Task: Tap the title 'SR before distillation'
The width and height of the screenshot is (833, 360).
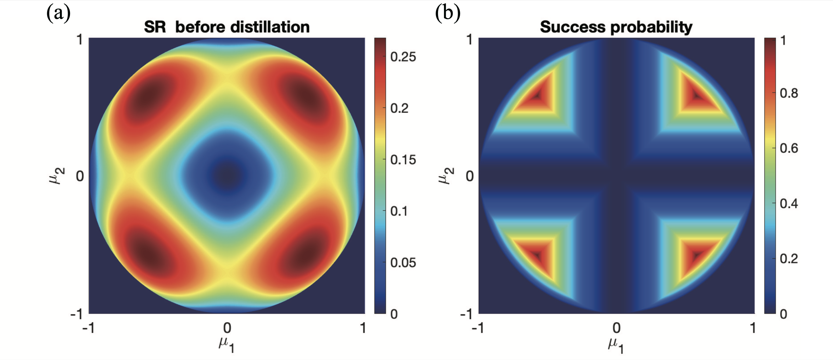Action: pyautogui.click(x=227, y=27)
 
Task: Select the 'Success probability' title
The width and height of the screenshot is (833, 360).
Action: pyautogui.click(x=616, y=27)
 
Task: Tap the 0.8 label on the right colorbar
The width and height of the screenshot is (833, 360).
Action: pyautogui.click(x=789, y=93)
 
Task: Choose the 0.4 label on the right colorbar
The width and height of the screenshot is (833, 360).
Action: pyautogui.click(x=789, y=203)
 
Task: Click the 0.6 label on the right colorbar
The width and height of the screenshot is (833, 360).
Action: pyautogui.click(x=789, y=148)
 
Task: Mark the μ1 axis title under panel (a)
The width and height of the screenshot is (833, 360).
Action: pyautogui.click(x=227, y=345)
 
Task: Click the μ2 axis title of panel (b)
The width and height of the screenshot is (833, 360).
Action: pyautogui.click(x=446, y=176)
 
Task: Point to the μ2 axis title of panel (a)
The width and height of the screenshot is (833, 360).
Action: pyautogui.click(x=57, y=176)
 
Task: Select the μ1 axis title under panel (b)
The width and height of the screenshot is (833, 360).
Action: pyautogui.click(x=616, y=345)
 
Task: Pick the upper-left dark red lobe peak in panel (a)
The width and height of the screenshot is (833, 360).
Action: pyautogui.click(x=150, y=94)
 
